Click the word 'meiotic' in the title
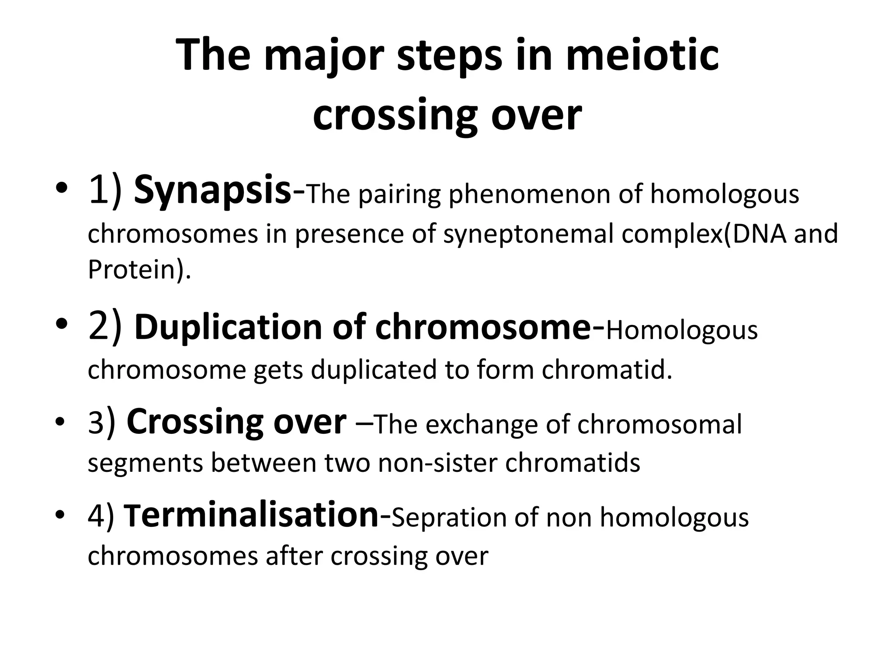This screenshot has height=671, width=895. (x=642, y=56)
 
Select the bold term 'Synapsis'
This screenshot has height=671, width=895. (x=212, y=191)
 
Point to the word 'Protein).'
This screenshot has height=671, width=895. (x=139, y=270)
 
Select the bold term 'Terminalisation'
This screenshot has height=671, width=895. (x=251, y=515)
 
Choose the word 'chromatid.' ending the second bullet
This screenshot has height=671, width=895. (x=607, y=370)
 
